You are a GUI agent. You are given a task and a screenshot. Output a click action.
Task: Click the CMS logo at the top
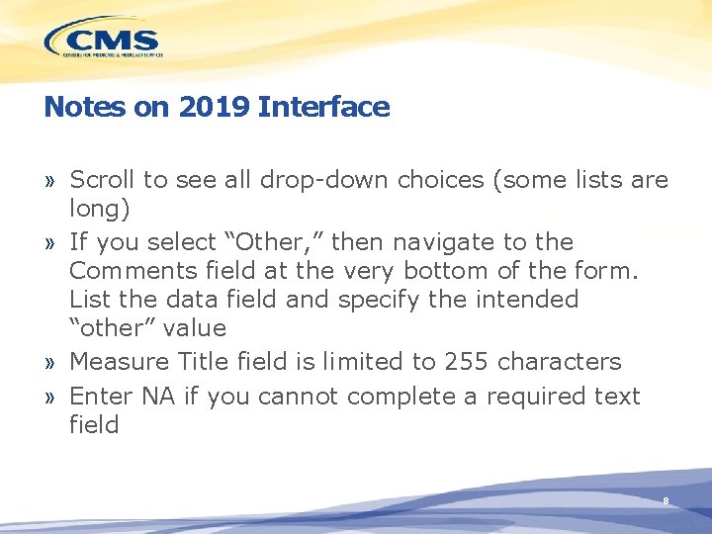[102, 41]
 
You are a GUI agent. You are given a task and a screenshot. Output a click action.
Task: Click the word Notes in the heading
[79, 107]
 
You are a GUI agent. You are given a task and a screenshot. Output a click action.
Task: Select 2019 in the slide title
[215, 107]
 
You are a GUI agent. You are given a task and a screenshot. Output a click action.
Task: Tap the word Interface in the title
[323, 107]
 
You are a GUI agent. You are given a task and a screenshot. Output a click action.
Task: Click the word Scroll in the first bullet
[103, 180]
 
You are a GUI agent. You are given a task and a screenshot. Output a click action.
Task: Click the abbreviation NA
[157, 397]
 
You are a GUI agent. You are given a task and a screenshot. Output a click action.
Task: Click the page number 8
[666, 501]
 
